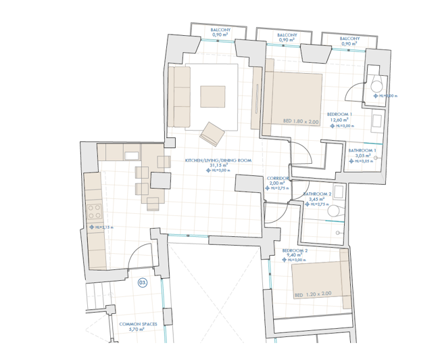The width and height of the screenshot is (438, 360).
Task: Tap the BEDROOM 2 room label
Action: pos(295,250)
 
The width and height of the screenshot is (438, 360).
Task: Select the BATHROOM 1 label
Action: pos(362,150)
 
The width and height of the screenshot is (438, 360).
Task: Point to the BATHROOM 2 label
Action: pos(316,194)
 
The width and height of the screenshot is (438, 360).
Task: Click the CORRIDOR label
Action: pos(278,178)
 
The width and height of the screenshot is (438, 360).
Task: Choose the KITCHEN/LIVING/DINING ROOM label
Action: pos(218,160)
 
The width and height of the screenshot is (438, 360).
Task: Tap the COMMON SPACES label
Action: pos(138,324)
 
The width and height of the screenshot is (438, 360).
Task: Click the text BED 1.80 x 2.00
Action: pos(301,121)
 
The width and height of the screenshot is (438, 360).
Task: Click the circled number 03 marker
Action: pos(143,283)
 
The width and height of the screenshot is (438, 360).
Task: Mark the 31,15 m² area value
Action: pos(218,165)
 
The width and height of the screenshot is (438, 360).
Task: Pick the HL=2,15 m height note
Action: pos(105,227)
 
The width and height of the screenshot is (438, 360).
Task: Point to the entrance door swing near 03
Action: pos(138,257)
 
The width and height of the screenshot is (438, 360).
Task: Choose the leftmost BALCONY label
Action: pos(221,31)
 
